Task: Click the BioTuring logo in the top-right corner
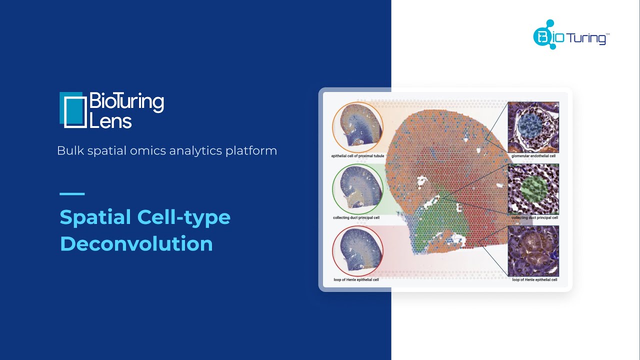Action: tap(571, 34)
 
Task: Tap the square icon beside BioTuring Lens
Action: tap(73, 110)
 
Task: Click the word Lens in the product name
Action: tap(110, 121)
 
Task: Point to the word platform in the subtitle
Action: tap(251, 151)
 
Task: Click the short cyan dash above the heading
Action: tap(72, 193)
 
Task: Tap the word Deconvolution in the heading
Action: tap(136, 243)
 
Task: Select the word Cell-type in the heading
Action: tap(183, 218)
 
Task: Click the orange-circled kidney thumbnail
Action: tap(357, 127)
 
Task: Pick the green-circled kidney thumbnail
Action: tap(357, 189)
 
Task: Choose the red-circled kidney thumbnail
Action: tap(357, 251)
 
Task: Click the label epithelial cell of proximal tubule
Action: tap(357, 156)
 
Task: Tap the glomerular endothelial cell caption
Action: tap(533, 156)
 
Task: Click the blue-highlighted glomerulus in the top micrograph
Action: tap(530, 125)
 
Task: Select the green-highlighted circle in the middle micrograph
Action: tap(533, 188)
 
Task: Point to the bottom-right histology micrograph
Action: tap(533, 251)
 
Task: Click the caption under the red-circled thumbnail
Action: tap(356, 279)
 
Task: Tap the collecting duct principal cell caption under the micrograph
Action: tap(534, 217)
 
